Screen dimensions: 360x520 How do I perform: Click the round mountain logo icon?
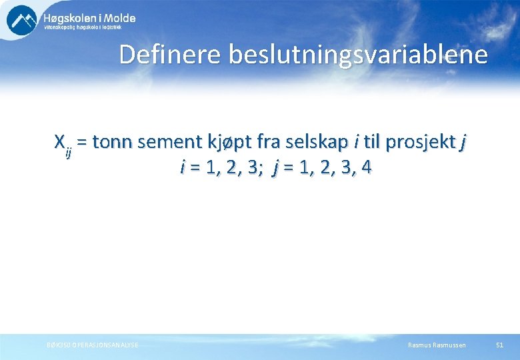(x=22, y=20)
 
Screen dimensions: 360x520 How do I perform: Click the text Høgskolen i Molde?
(x=89, y=18)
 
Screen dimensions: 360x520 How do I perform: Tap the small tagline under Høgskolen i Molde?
(x=89, y=28)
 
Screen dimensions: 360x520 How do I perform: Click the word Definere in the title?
(x=170, y=55)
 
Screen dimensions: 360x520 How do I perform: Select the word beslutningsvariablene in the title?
(x=358, y=55)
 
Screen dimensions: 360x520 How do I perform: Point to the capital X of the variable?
(x=59, y=142)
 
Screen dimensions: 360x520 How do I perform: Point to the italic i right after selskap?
(x=358, y=142)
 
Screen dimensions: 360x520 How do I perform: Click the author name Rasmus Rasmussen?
(x=437, y=345)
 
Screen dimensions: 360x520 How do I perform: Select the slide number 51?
(x=500, y=345)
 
